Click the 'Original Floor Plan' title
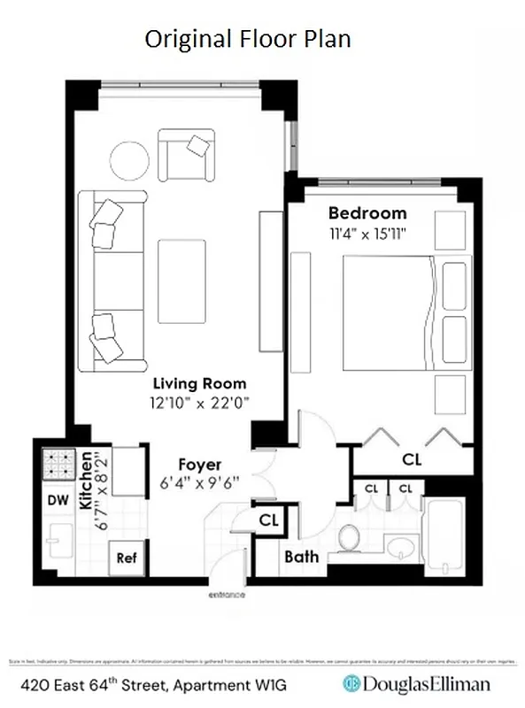248,39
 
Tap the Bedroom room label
367,213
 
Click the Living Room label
199,384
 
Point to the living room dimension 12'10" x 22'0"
199,402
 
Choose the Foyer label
199,465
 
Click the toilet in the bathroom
350,537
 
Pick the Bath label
301,558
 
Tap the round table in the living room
129,161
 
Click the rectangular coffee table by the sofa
181,281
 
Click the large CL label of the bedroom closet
411,459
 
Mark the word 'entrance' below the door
226,596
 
